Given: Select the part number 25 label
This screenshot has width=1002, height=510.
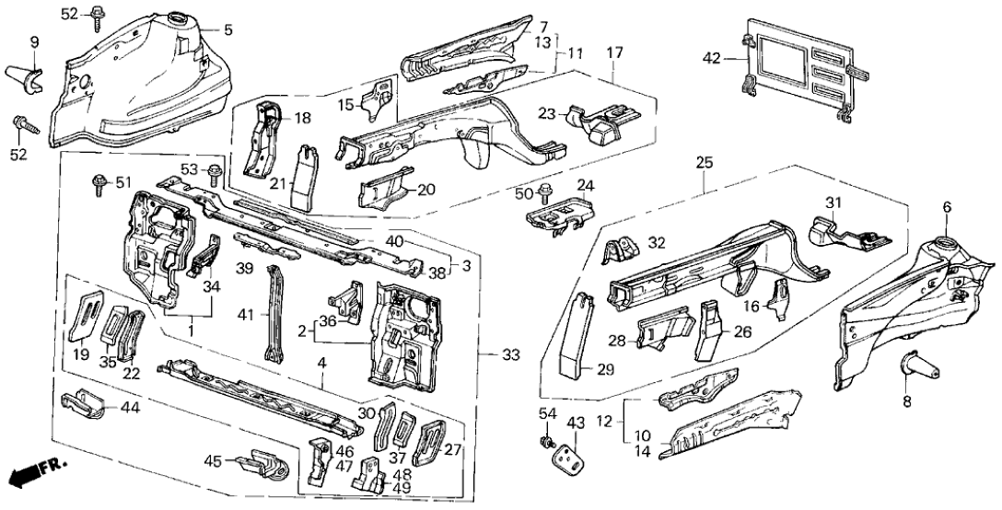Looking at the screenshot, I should click(x=705, y=163).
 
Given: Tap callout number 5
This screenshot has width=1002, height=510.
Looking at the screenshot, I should click(x=228, y=29).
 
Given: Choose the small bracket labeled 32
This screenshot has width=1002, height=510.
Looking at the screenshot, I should click(x=623, y=249).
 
